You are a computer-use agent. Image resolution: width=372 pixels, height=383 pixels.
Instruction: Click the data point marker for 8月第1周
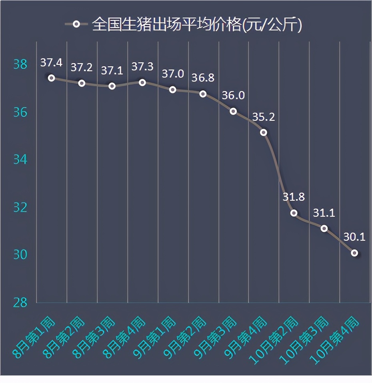click(x=51, y=78)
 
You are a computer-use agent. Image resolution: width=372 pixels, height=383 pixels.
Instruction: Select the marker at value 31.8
click(x=294, y=213)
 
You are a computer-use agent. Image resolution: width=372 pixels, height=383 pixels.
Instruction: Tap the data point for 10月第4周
click(x=354, y=253)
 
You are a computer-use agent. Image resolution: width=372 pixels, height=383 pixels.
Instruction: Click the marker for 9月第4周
click(x=264, y=132)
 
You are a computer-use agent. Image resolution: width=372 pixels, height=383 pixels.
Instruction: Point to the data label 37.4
click(x=51, y=62)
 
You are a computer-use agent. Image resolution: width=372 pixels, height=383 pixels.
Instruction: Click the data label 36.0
click(x=233, y=96)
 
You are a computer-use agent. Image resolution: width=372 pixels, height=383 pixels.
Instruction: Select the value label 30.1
click(x=354, y=237)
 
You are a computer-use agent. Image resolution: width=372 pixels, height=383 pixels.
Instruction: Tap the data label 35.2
click(x=264, y=117)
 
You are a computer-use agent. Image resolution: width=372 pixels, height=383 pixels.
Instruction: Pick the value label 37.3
click(x=142, y=67)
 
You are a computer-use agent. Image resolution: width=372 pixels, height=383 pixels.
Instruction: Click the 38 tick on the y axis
click(x=20, y=64)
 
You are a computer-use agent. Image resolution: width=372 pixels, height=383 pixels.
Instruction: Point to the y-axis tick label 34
click(x=20, y=160)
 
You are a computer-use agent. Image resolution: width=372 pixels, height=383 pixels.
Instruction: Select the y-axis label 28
click(x=20, y=303)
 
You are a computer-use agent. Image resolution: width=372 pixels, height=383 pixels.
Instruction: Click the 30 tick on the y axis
click(x=20, y=255)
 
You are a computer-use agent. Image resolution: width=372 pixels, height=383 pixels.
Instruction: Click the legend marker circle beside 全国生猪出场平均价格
click(x=76, y=24)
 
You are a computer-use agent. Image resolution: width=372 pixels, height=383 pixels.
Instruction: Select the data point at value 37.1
click(x=112, y=86)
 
